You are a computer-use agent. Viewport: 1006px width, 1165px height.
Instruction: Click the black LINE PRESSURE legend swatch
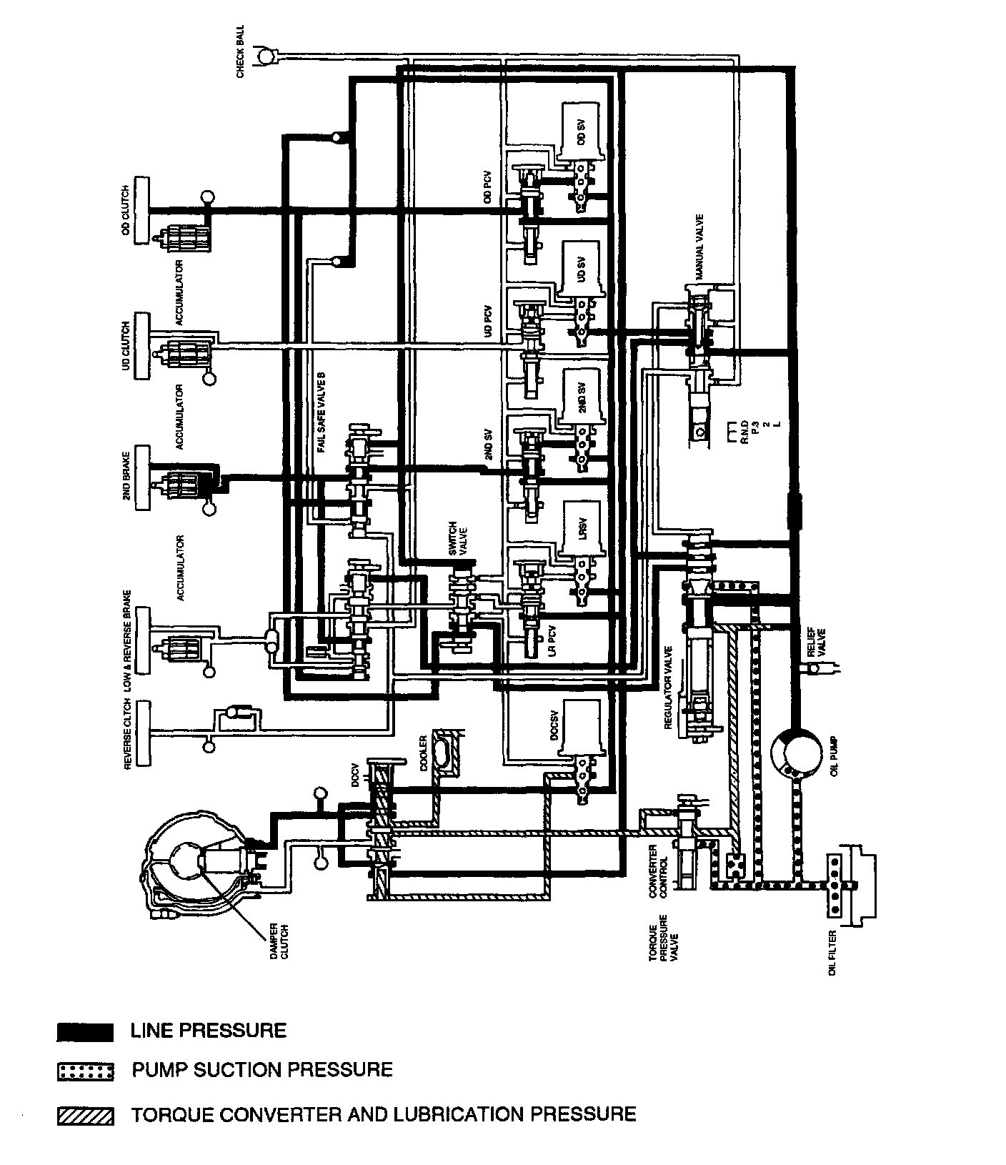[85, 1032]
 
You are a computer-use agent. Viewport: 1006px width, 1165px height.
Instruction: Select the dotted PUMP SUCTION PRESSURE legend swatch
[85, 1072]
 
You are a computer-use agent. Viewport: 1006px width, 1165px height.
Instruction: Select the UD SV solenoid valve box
[582, 269]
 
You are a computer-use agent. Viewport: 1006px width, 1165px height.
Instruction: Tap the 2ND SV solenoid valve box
[581, 396]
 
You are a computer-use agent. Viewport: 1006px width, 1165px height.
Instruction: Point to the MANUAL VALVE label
[699, 247]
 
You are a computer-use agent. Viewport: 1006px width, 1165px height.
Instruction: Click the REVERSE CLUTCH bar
[141, 733]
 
